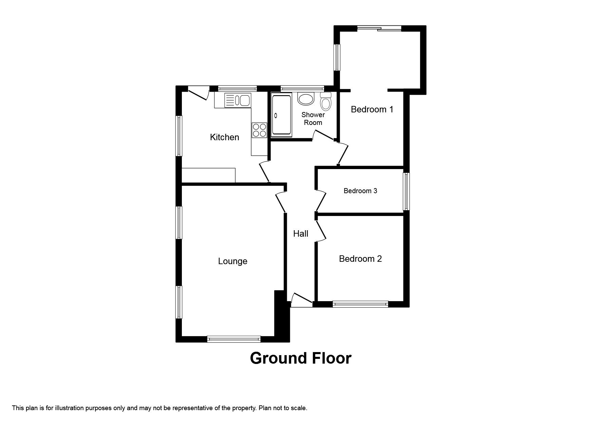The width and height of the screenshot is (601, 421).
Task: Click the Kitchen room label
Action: tap(224, 137)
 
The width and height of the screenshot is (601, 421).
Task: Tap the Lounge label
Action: tap(232, 261)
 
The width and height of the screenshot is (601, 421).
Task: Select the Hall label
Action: tap(301, 234)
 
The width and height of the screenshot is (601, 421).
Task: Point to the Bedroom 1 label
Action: tap(372, 109)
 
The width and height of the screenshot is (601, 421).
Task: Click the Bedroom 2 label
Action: tap(360, 259)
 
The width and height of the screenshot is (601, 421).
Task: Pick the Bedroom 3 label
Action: tap(360, 191)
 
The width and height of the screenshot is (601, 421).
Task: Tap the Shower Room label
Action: tap(313, 119)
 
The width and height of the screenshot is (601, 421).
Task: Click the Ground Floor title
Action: tap(301, 358)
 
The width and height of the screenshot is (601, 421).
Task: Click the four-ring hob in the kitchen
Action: tap(259, 130)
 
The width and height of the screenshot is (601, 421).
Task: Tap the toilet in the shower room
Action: tap(326, 101)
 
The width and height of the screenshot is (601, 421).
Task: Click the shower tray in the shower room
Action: tap(281, 116)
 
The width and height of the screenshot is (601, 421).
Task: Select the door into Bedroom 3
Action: tap(321, 201)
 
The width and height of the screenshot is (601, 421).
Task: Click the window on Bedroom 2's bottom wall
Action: tap(360, 304)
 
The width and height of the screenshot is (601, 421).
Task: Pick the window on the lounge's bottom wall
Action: tap(234, 339)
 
